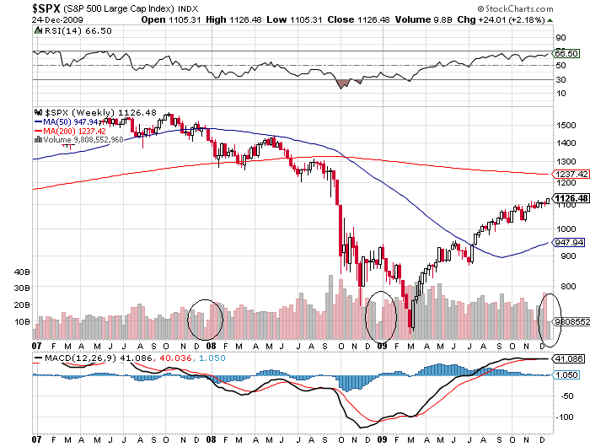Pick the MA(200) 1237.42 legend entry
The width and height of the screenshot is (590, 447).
77,131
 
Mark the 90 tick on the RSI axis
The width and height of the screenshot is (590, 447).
559,38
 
